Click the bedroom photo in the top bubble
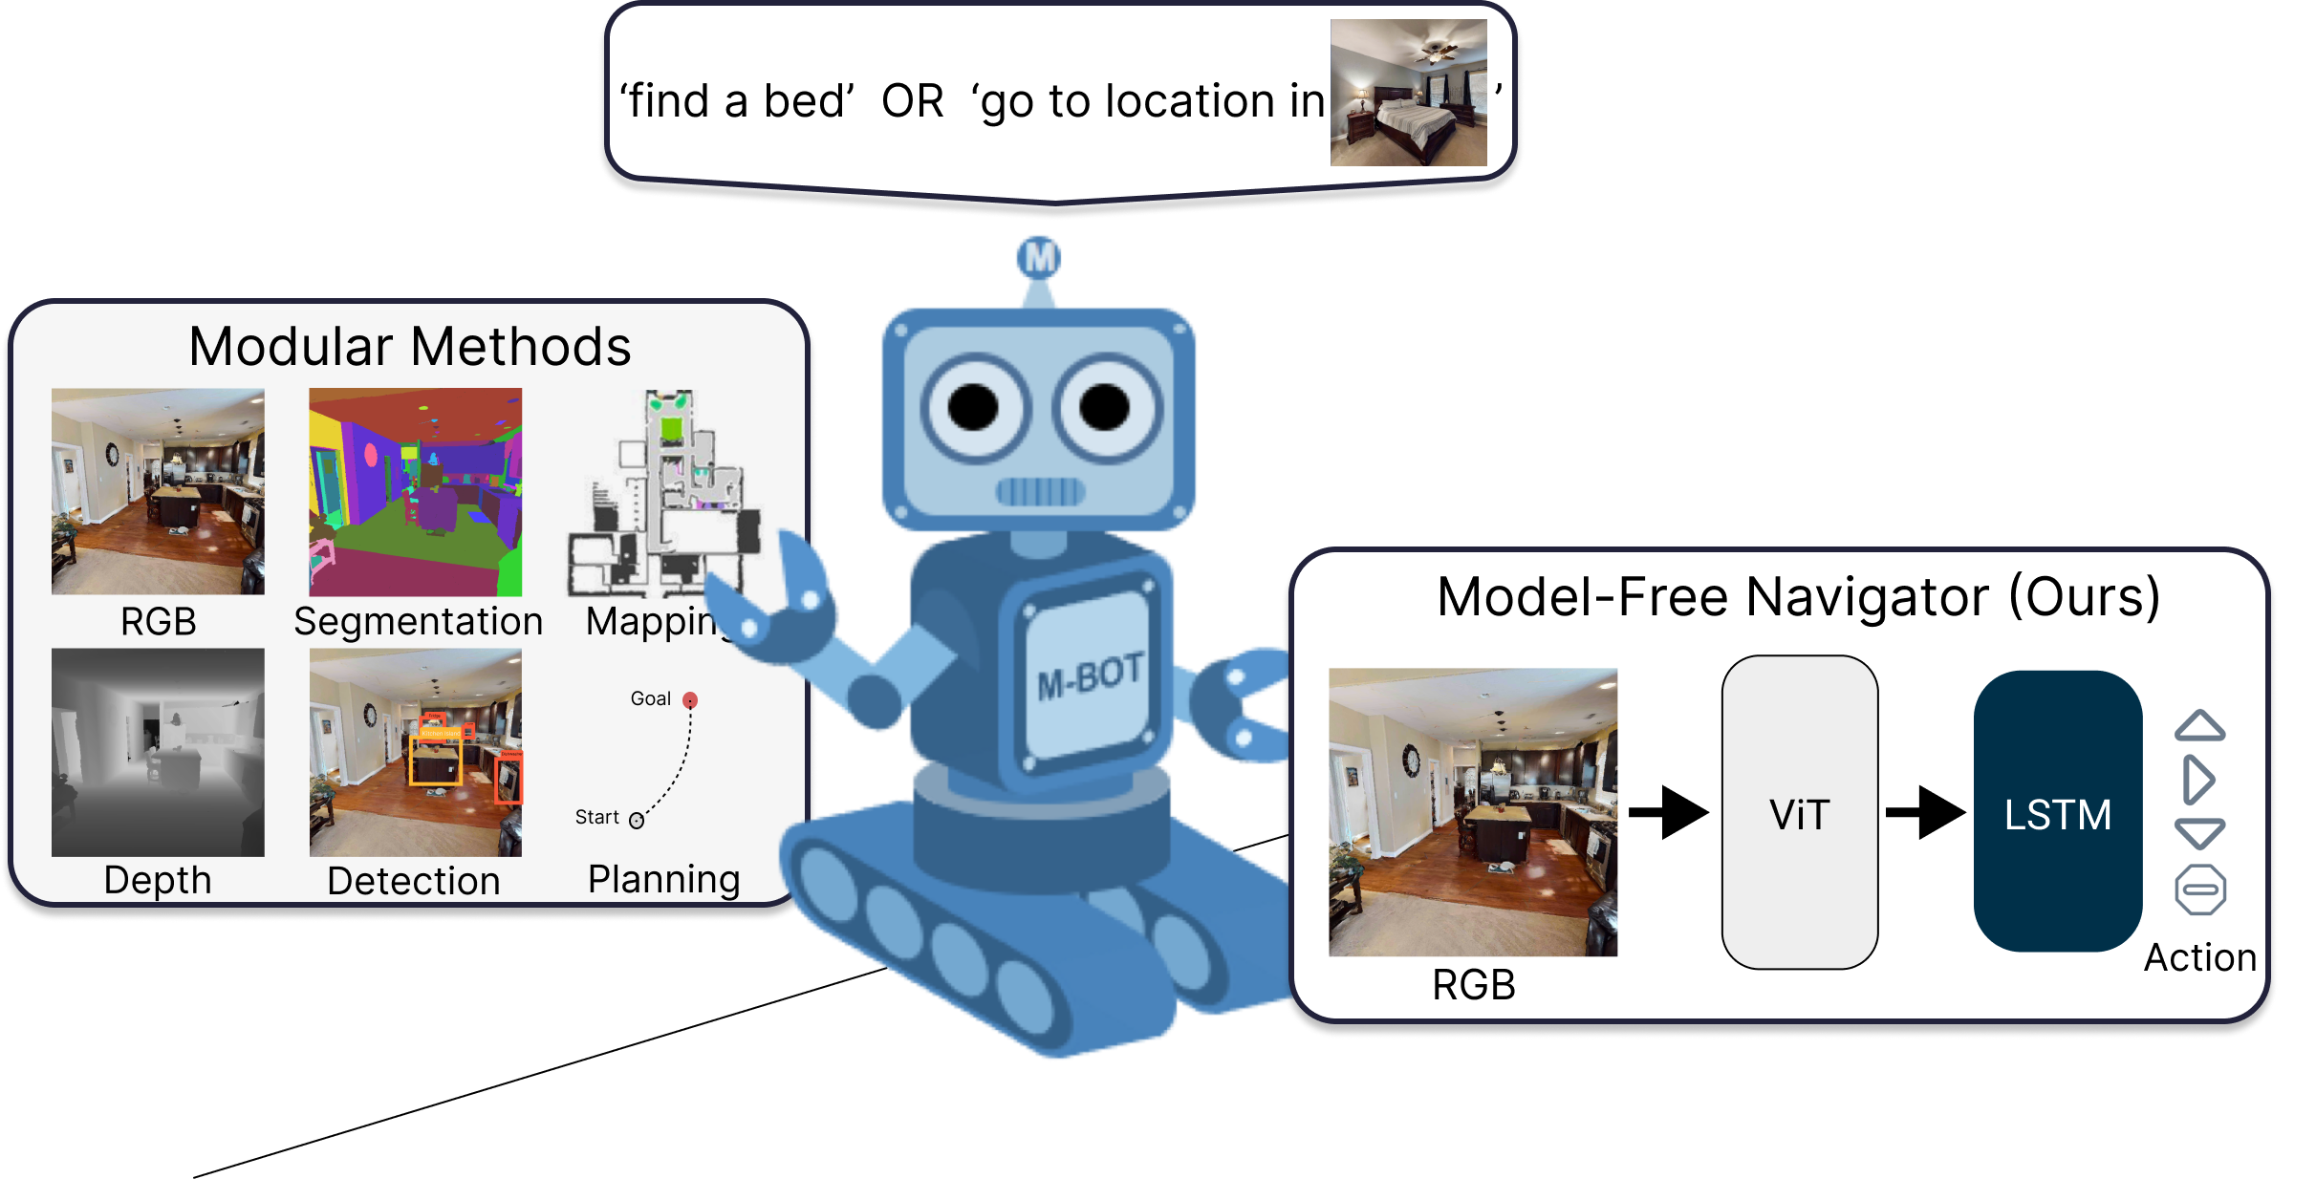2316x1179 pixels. tap(1408, 93)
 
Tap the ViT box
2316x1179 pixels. tap(1799, 812)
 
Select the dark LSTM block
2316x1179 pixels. tap(2057, 812)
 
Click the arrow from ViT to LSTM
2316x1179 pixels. tap(1924, 812)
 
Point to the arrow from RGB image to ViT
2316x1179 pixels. tap(1668, 812)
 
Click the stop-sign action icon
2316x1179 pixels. tap(2199, 890)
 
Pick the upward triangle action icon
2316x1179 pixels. tap(2199, 726)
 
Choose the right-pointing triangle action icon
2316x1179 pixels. tap(2198, 780)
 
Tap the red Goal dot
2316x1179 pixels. tap(690, 700)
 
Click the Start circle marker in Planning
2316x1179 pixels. tap(637, 820)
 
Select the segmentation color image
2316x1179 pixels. tap(416, 491)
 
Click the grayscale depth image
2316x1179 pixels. tap(158, 752)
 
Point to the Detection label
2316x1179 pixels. tap(413, 881)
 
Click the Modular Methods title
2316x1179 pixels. tap(409, 346)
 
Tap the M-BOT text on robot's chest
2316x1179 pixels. tap(1090, 676)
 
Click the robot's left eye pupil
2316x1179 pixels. tap(973, 408)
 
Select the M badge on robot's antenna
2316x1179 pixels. tap(1039, 257)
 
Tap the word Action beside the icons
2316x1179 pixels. tap(2199, 957)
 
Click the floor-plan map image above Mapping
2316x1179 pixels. tap(665, 492)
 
